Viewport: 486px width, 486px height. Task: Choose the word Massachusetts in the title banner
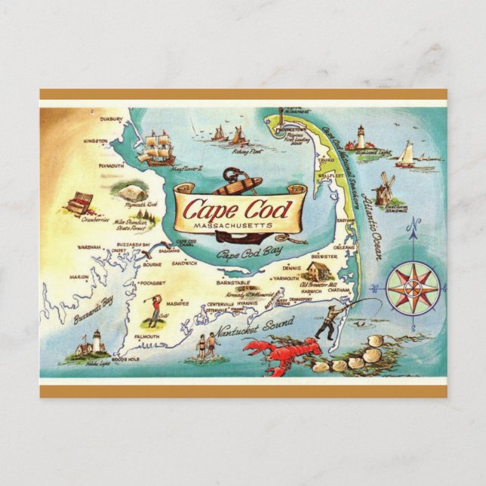tap(238, 224)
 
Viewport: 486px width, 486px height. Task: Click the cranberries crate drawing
tap(79, 203)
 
